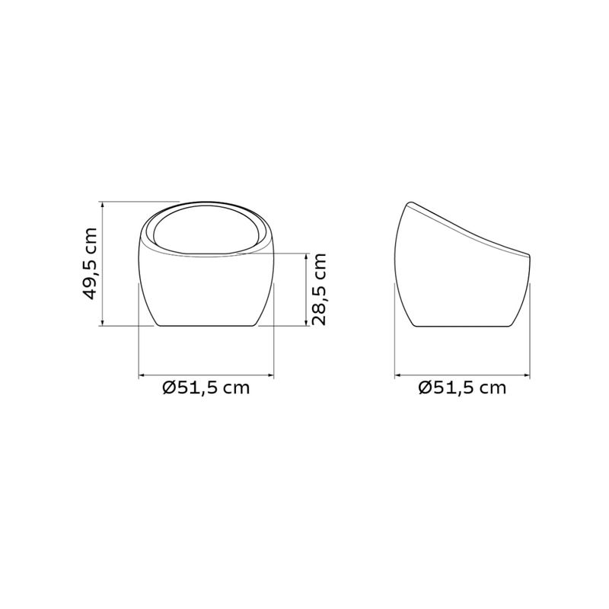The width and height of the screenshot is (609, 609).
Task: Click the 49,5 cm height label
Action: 90,263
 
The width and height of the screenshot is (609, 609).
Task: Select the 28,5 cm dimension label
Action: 319,289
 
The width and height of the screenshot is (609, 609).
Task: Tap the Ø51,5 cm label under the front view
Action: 206,387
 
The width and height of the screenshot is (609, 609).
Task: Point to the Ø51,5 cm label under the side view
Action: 462,387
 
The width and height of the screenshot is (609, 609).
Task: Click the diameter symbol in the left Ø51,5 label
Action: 169,387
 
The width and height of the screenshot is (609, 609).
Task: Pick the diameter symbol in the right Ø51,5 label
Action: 426,387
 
